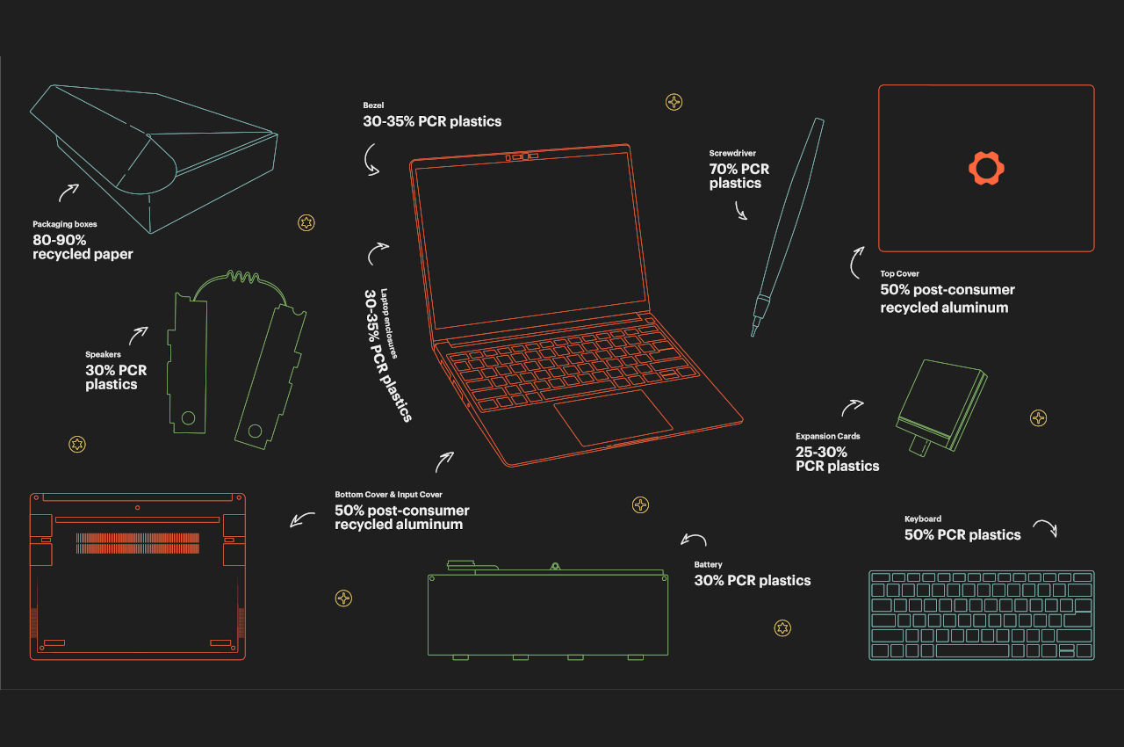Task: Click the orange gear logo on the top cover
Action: pyautogui.click(x=986, y=168)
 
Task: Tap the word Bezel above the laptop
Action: pyautogui.click(x=373, y=105)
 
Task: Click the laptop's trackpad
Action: pyautogui.click(x=613, y=416)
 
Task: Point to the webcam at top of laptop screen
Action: pyautogui.click(x=521, y=157)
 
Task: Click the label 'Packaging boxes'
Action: pyautogui.click(x=65, y=224)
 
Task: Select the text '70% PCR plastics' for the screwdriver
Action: pyautogui.click(x=739, y=176)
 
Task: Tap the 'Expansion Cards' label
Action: pyautogui.click(x=827, y=436)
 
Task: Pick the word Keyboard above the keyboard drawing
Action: pyautogui.click(x=922, y=519)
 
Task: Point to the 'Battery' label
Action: pyautogui.click(x=708, y=564)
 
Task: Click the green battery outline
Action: pyautogui.click(x=547, y=615)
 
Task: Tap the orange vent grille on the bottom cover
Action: pyautogui.click(x=137, y=543)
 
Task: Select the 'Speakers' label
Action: pyautogui.click(x=103, y=354)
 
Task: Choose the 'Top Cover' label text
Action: pyautogui.click(x=899, y=273)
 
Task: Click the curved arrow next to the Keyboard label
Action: pyautogui.click(x=1044, y=527)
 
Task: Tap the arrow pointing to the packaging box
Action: pyautogui.click(x=68, y=192)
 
